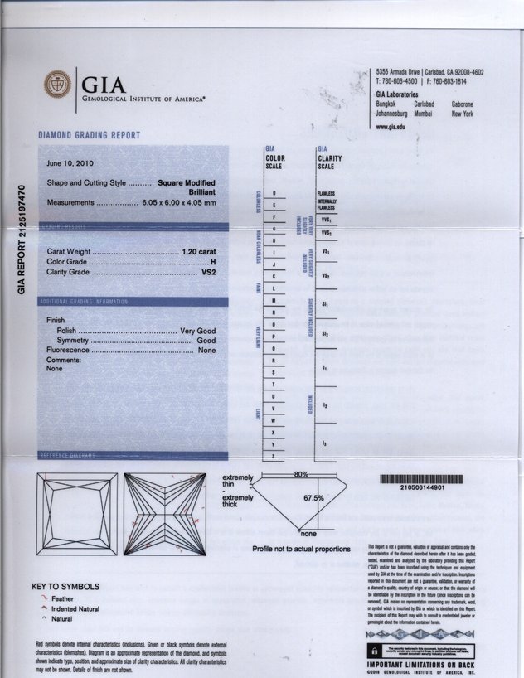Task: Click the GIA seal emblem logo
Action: coord(58,85)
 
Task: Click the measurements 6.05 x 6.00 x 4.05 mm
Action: coord(179,202)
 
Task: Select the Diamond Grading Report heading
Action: coord(90,135)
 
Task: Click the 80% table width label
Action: coord(301,474)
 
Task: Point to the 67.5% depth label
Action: coord(313,498)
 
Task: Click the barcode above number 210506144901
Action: coord(421,478)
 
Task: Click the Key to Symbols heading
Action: coord(65,587)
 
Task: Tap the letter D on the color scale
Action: coord(274,193)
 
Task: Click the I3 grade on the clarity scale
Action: coord(324,444)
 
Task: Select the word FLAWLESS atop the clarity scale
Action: coord(325,193)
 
